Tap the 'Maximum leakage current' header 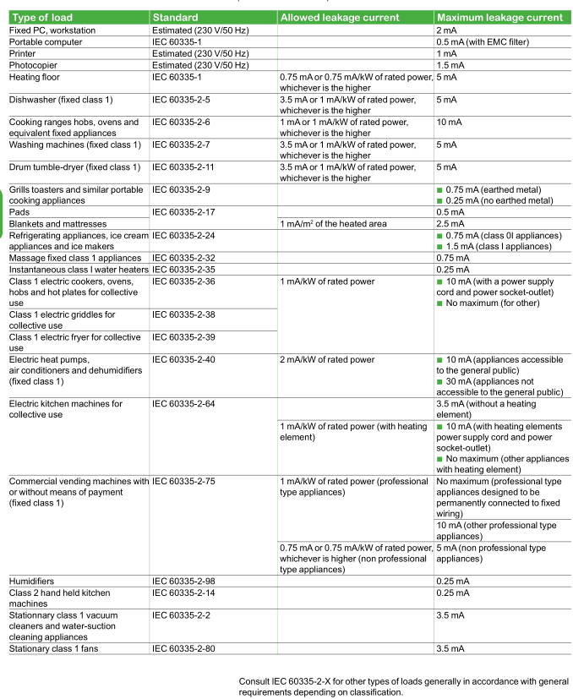pos(499,18)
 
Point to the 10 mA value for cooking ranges pos(450,123)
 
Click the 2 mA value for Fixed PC pos(446,30)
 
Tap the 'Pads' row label pos(21,211)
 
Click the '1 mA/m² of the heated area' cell pos(333,223)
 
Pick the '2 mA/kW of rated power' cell pos(327,360)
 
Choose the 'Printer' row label pos(25,53)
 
